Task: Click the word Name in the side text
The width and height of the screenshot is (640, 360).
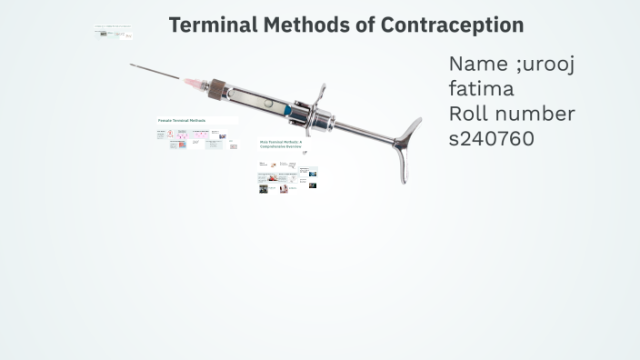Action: click(478, 65)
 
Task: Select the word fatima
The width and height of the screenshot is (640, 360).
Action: click(481, 89)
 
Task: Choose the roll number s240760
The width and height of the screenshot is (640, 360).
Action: click(491, 138)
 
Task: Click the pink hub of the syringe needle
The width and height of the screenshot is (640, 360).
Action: click(195, 83)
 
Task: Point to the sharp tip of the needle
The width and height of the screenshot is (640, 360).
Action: click(131, 65)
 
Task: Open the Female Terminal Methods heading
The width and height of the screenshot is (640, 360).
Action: click(182, 120)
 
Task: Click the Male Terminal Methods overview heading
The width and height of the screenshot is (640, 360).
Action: click(281, 144)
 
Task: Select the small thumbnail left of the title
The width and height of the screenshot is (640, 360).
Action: click(114, 33)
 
